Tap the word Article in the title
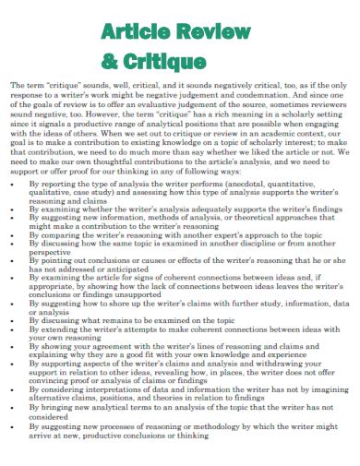pyautogui.click(x=136, y=33)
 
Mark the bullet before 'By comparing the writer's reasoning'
pyautogui.click(x=16, y=235)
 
